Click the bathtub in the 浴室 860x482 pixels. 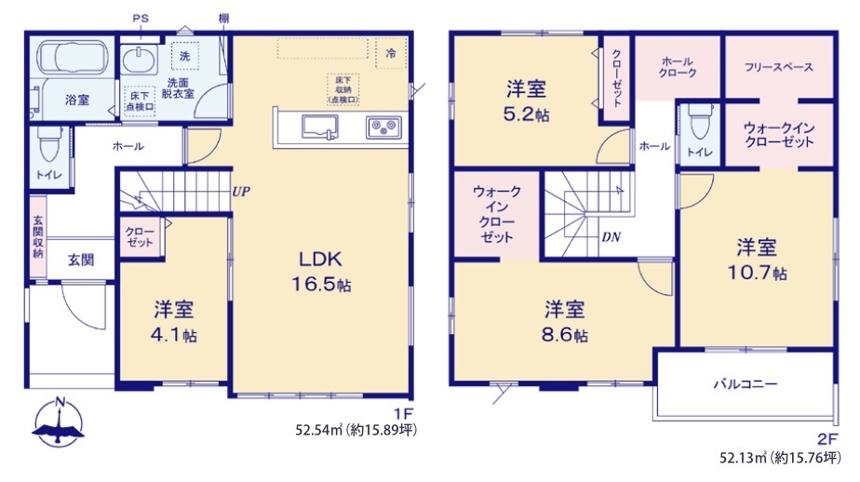[x=72, y=57]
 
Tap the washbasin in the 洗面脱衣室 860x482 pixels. [x=139, y=60]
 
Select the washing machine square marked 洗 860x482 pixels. [x=185, y=56]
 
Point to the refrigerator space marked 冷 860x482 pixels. [x=391, y=53]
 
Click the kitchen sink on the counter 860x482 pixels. [x=320, y=127]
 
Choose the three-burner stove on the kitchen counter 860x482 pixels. [x=383, y=127]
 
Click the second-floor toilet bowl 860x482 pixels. [x=699, y=122]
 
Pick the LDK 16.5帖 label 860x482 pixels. [x=321, y=272]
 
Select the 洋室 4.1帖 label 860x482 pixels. [x=174, y=322]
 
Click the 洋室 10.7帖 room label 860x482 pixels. [x=757, y=260]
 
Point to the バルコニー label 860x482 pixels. [x=746, y=384]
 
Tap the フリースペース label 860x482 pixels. [x=779, y=67]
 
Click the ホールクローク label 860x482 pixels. [x=678, y=67]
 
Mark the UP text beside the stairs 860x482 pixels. [x=241, y=192]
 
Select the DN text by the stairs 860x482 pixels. [x=611, y=237]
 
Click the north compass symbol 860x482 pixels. [x=59, y=422]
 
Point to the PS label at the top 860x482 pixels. [x=141, y=19]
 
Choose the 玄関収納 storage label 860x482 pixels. [x=38, y=237]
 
